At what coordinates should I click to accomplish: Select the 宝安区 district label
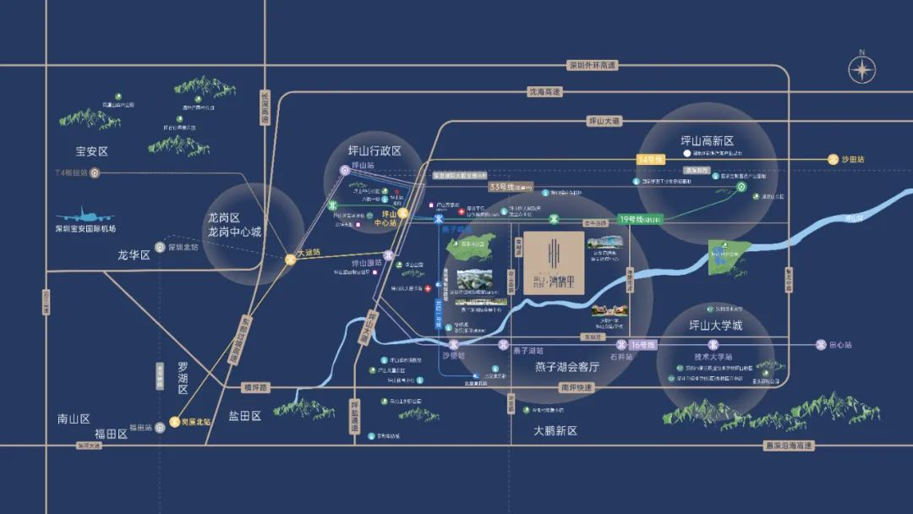click(x=92, y=152)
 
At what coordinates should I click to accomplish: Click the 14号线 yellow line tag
click(x=652, y=159)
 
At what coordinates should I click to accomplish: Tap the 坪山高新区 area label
click(x=707, y=141)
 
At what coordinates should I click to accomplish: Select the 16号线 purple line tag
click(x=644, y=344)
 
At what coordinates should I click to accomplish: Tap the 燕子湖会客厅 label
click(x=566, y=367)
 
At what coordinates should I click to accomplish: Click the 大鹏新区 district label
click(x=555, y=430)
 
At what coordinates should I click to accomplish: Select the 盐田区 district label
click(x=245, y=416)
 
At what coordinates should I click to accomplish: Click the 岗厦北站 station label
click(x=195, y=420)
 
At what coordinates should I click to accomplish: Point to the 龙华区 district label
click(x=134, y=254)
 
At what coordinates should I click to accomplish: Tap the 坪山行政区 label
click(x=374, y=151)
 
